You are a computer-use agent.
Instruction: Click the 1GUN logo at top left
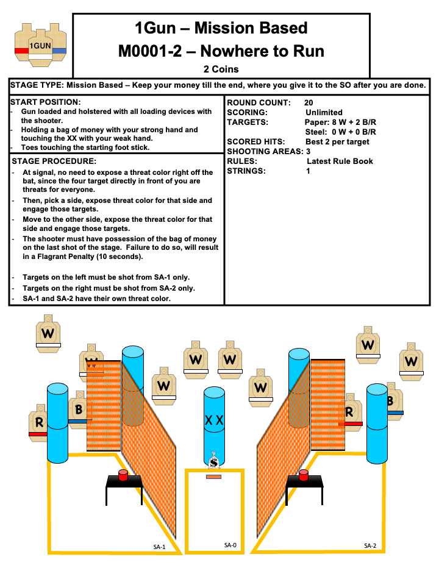coord(40,44)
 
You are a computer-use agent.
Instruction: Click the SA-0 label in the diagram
coord(230,545)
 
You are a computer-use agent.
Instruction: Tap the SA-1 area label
coord(159,547)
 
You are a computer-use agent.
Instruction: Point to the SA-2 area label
coord(370,545)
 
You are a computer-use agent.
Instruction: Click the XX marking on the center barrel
coord(214,420)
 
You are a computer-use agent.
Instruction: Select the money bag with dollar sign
coord(213,461)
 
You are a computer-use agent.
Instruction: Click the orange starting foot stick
coord(213,477)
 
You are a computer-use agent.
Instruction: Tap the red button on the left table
coord(123,475)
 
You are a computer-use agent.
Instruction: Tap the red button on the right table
coord(303,475)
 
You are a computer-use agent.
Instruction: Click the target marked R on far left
coord(38,422)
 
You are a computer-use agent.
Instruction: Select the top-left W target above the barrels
coord(48,333)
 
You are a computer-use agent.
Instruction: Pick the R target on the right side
coord(350,413)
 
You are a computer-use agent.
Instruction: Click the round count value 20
coord(309,102)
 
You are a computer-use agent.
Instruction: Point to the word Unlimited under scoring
coord(324,112)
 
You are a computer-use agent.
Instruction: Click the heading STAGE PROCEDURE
coord(54,161)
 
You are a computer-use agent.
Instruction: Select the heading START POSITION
coord(45,102)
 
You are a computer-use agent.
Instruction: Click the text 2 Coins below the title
coord(221,69)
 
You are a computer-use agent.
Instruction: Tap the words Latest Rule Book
coord(340,161)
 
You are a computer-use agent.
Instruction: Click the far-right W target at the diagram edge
coord(411,361)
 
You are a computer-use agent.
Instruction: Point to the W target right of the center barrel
coord(261,387)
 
